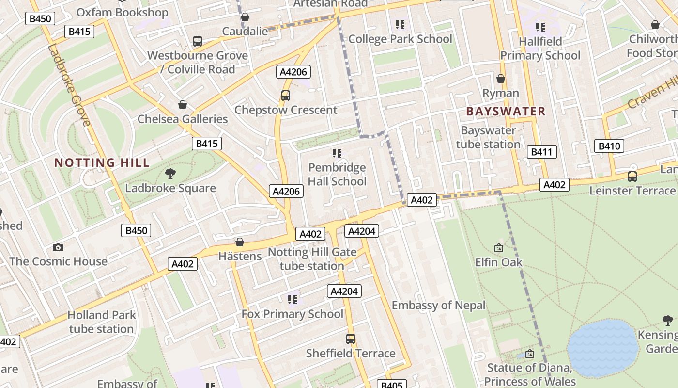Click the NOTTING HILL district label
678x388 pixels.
click(x=102, y=162)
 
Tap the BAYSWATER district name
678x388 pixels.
click(x=506, y=111)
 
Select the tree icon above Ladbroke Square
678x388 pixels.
click(x=170, y=173)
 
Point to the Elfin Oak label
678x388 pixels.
click(x=499, y=262)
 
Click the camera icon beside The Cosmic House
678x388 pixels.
click(x=58, y=247)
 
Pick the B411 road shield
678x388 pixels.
click(x=541, y=152)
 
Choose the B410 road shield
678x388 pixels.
click(x=609, y=146)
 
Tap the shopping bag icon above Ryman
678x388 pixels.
click(x=501, y=79)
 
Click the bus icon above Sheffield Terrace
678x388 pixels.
click(x=351, y=339)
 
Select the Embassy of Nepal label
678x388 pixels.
click(x=438, y=305)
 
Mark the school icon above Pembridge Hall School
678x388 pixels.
click(x=337, y=154)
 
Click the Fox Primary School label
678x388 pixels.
click(x=293, y=314)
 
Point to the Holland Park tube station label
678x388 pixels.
click(x=101, y=322)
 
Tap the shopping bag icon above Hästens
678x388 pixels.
click(x=239, y=242)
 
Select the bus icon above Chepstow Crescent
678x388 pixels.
click(x=286, y=96)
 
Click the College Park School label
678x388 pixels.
click(x=400, y=39)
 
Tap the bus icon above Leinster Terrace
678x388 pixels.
click(x=632, y=177)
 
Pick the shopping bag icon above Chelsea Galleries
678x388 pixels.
click(x=183, y=105)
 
